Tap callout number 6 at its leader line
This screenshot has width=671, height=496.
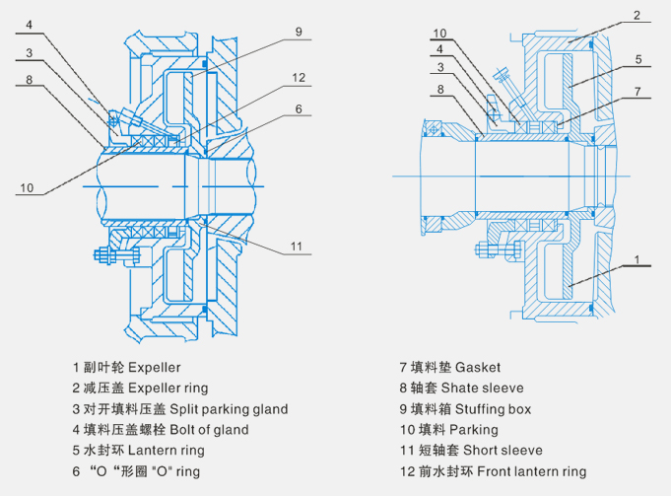pos(298,110)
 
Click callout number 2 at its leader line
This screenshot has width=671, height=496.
pos(637,16)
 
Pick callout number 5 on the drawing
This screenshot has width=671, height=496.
pos(638,59)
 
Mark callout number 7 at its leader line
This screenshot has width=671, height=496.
pos(638,92)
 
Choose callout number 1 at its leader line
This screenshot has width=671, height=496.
pos(638,260)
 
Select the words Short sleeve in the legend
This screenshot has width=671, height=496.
pos(502,451)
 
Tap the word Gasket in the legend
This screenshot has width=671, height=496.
pos(478,367)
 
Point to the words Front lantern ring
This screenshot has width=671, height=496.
pos(532,471)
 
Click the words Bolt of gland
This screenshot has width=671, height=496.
pos(208,430)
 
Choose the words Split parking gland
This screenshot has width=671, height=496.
pos(230,409)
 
